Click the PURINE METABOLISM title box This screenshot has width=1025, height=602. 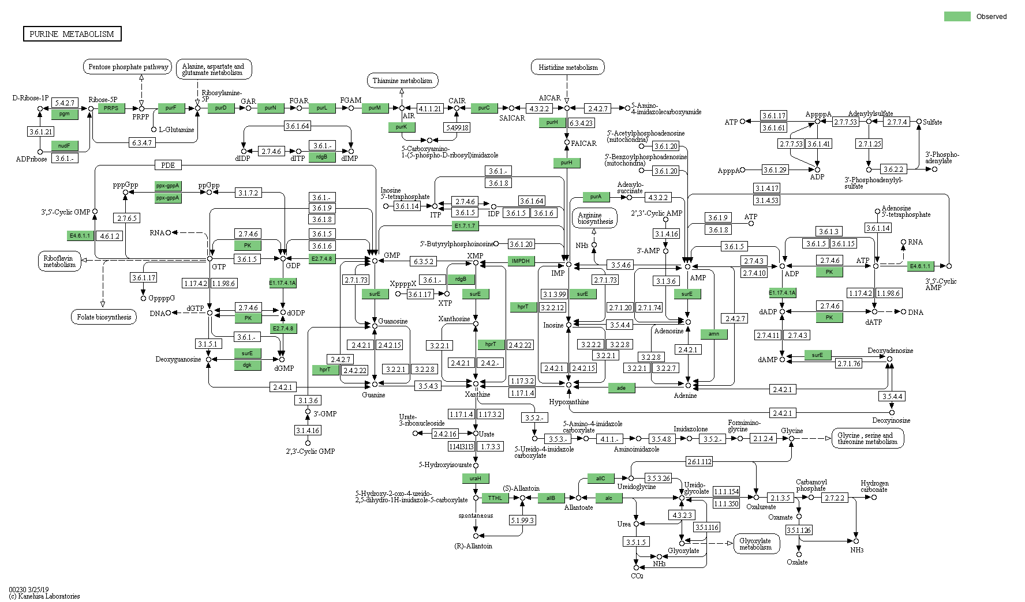point(72,34)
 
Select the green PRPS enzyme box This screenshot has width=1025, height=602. point(111,108)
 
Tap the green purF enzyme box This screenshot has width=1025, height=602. point(171,108)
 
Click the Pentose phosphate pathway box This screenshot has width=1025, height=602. point(128,67)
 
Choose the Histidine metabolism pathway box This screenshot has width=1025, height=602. point(568,67)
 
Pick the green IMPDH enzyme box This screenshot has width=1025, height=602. point(521,261)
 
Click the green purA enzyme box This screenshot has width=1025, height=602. point(596,197)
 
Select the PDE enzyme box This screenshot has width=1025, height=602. point(168,165)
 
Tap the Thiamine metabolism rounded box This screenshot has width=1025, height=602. point(402,81)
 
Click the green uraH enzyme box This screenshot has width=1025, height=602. point(476,478)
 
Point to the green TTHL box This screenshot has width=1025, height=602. point(495,498)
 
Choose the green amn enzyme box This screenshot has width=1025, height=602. point(714,334)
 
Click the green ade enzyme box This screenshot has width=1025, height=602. point(622,388)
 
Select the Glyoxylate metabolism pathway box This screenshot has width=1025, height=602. point(755,544)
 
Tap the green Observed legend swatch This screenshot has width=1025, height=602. point(957,17)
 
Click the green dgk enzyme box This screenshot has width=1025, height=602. point(247,365)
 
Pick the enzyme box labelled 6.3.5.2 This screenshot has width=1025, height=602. point(424,261)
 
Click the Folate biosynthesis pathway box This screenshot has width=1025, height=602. point(104,317)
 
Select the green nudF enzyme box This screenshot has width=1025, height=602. point(65,146)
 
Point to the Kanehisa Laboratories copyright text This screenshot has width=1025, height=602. point(44,596)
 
